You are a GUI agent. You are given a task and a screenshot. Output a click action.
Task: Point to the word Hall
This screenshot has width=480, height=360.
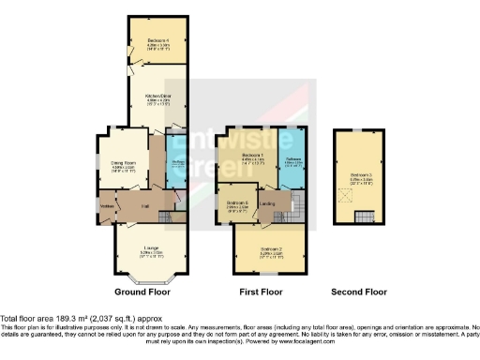145,204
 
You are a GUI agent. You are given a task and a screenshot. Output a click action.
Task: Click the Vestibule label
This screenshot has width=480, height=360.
107,204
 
